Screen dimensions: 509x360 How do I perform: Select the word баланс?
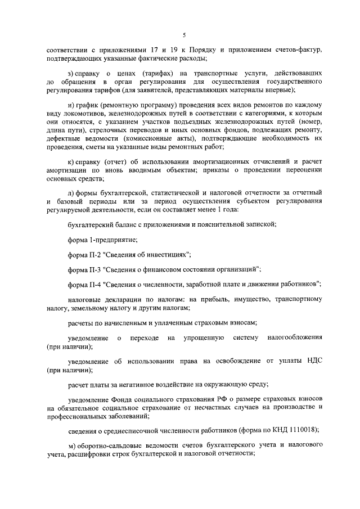(x=124, y=224)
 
